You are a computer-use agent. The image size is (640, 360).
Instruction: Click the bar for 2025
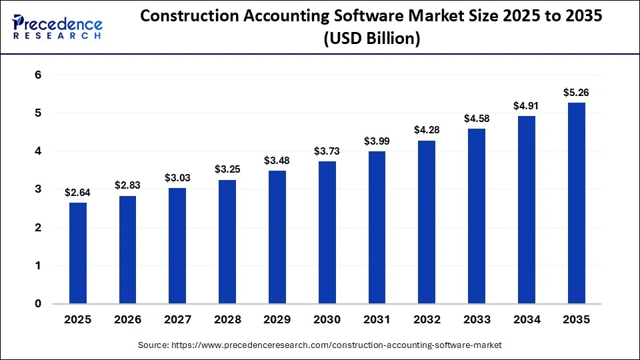click(77, 253)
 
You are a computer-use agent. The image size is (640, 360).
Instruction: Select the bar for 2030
click(327, 233)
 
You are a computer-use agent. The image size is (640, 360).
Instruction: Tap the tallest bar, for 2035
click(576, 203)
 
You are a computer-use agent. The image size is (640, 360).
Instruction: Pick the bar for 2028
click(227, 242)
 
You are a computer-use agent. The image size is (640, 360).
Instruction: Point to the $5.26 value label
click(576, 93)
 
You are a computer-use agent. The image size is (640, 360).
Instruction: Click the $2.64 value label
click(77, 193)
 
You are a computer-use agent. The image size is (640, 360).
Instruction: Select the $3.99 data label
click(377, 141)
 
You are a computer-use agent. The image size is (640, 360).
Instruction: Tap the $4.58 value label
click(477, 119)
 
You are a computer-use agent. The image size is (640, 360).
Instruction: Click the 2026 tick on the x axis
click(127, 320)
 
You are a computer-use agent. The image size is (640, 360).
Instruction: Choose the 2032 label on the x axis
click(427, 320)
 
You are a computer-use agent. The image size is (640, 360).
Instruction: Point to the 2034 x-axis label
click(526, 320)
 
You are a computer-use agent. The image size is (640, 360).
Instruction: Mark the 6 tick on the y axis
click(38, 75)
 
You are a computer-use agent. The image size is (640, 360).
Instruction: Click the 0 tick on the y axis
click(38, 304)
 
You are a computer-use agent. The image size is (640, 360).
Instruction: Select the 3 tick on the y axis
click(38, 189)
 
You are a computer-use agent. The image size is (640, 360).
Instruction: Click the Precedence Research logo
click(57, 27)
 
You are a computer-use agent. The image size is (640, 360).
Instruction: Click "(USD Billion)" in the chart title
click(371, 39)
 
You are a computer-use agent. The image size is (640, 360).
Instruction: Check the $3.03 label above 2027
click(177, 178)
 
